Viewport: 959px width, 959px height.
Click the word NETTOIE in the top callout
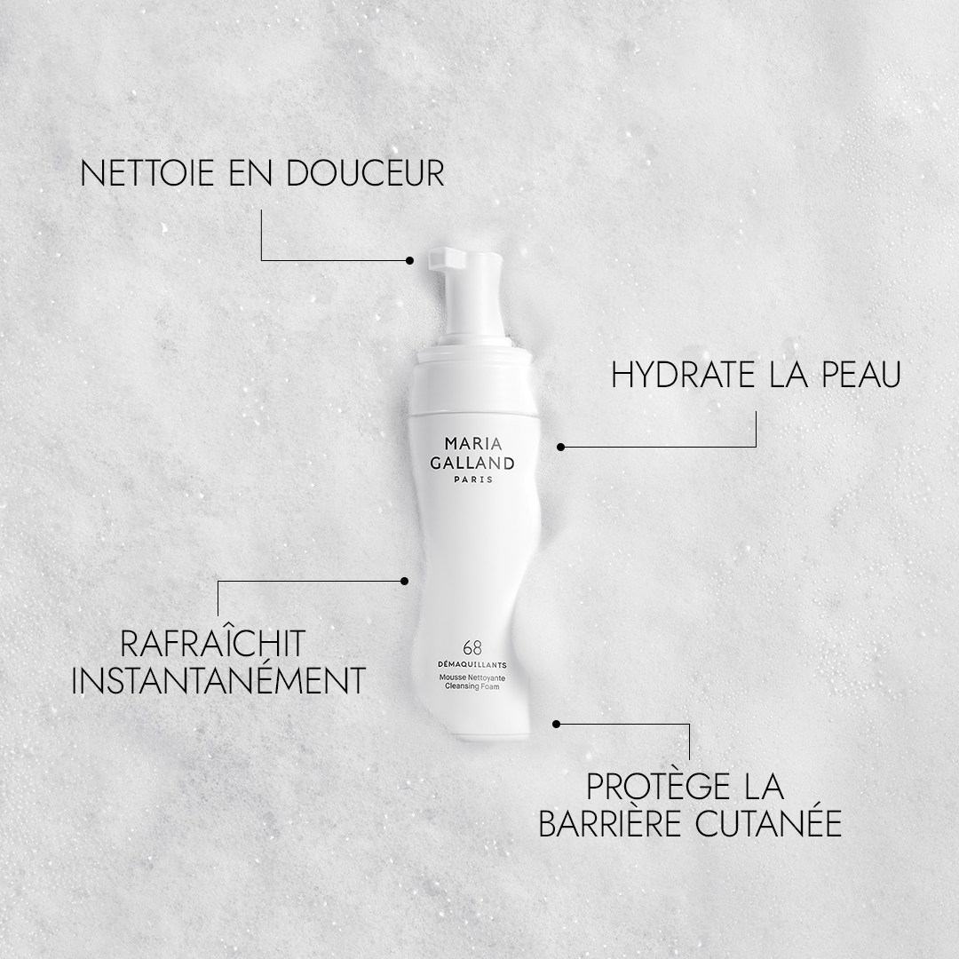coord(147,173)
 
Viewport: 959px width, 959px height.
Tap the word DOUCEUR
coord(365,173)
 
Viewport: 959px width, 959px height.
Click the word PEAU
coord(861,375)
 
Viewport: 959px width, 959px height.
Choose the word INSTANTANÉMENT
coord(218,681)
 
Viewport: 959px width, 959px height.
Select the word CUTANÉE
coord(768,824)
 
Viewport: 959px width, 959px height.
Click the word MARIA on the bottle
coord(473,443)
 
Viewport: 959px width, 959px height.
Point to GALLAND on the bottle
coord(472,463)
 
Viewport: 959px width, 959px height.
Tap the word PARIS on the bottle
coord(473,479)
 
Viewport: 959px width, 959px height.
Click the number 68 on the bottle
coord(472,647)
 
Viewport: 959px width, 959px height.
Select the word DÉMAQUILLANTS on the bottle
coord(472,665)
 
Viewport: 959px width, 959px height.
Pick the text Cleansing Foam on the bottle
coord(472,686)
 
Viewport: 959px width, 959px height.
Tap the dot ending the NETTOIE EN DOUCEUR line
coord(409,260)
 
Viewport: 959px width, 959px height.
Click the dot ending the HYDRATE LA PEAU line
coord(561,447)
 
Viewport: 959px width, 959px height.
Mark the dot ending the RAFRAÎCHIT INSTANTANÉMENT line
coord(404,581)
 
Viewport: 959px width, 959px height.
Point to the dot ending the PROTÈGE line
coord(556,725)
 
